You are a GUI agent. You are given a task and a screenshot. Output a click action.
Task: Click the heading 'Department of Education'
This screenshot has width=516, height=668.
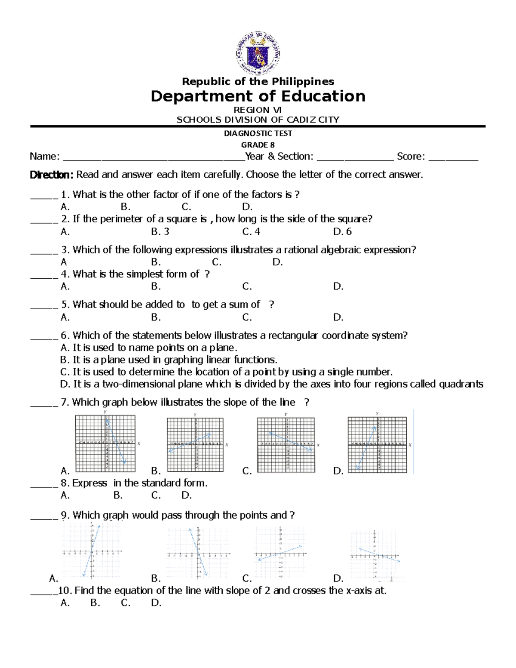pyautogui.click(x=258, y=96)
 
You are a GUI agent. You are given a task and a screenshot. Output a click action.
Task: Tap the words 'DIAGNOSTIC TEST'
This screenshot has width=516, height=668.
pyautogui.click(x=258, y=133)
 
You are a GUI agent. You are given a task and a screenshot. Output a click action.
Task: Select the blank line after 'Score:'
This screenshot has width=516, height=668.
pyautogui.click(x=453, y=157)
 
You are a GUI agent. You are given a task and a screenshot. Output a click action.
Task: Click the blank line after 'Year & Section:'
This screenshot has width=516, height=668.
pyautogui.click(x=355, y=157)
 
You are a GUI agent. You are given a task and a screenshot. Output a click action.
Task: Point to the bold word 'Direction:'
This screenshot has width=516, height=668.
pyautogui.click(x=52, y=175)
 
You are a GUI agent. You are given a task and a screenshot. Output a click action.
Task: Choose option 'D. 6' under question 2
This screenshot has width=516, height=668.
pyautogui.click(x=342, y=232)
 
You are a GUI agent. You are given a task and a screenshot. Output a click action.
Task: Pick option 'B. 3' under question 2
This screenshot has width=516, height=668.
pyautogui.click(x=160, y=232)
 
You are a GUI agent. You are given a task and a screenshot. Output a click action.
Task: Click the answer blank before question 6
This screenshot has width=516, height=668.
pyautogui.click(x=43, y=336)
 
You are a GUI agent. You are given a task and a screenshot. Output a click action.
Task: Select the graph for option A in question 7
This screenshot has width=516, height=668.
pyautogui.click(x=105, y=443)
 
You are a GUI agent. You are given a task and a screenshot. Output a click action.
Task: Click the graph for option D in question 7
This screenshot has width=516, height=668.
pyautogui.click(x=377, y=443)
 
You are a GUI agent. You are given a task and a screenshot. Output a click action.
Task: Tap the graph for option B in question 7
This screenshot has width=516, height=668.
pyautogui.click(x=196, y=444)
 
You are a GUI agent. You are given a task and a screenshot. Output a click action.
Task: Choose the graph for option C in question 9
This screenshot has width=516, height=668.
pyautogui.click(x=280, y=553)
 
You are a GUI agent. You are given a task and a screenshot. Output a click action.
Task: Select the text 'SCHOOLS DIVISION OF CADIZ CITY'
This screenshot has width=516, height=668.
pyautogui.click(x=258, y=120)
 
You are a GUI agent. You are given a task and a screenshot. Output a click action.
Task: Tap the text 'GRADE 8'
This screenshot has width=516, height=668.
pyautogui.click(x=258, y=145)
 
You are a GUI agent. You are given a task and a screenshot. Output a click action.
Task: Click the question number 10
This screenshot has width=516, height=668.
pyautogui.click(x=64, y=591)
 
